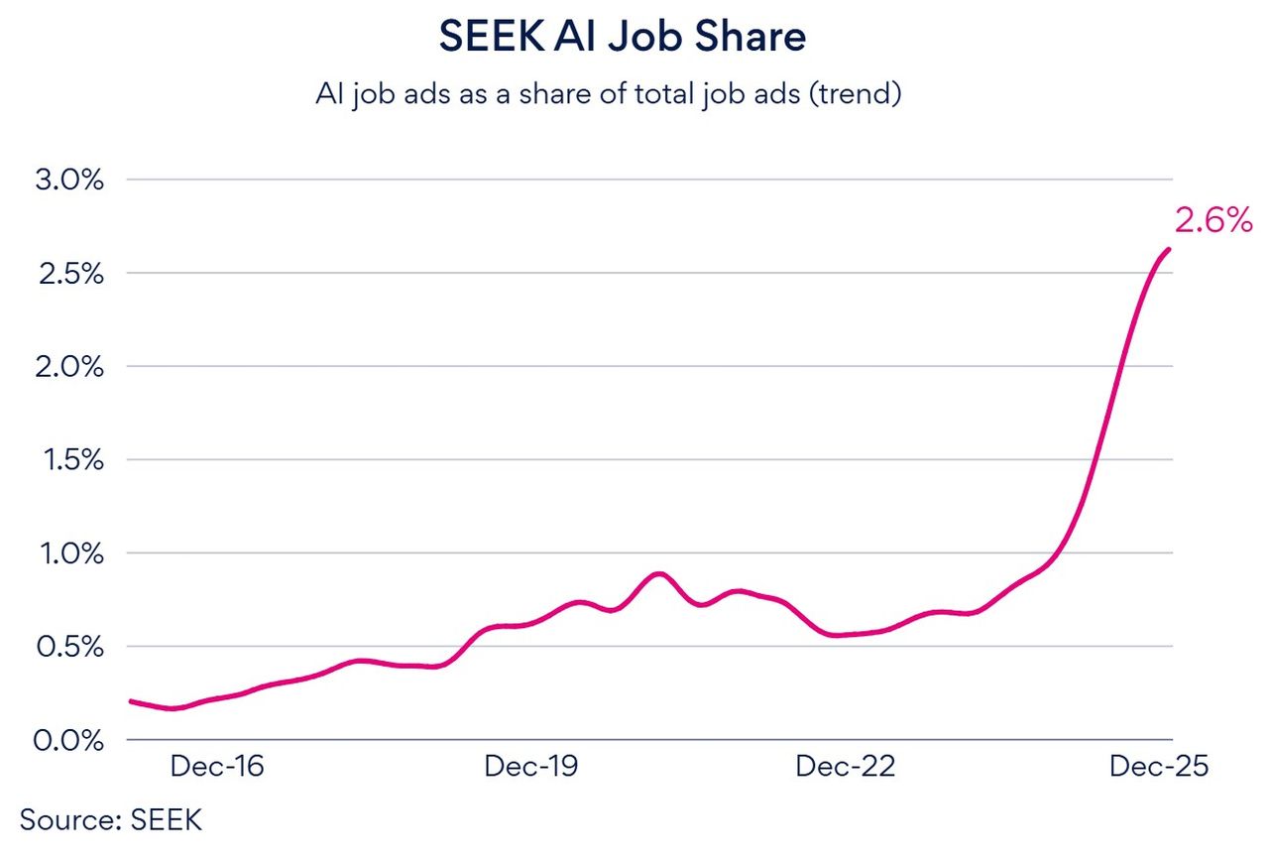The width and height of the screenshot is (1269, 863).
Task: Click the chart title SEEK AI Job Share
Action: click(622, 37)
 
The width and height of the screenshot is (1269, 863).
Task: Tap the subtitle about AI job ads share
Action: click(608, 94)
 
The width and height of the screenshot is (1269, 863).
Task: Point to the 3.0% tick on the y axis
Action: click(69, 181)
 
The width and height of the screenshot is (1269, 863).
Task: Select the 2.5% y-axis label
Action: click(69, 274)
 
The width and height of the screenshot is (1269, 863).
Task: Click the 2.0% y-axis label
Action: click(69, 367)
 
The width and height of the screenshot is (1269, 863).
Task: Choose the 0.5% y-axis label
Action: click(69, 647)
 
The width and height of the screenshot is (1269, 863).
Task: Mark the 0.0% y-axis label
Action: click(69, 740)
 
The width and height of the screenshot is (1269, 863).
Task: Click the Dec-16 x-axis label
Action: click(217, 767)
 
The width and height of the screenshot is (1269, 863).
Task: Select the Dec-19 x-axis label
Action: click(531, 767)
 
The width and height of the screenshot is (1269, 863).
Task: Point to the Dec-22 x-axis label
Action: click(845, 767)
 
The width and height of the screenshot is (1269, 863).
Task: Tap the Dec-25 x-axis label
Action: click(1159, 767)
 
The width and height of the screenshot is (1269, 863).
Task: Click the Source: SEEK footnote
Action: click(110, 820)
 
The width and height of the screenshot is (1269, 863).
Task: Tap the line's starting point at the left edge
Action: click(131, 701)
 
